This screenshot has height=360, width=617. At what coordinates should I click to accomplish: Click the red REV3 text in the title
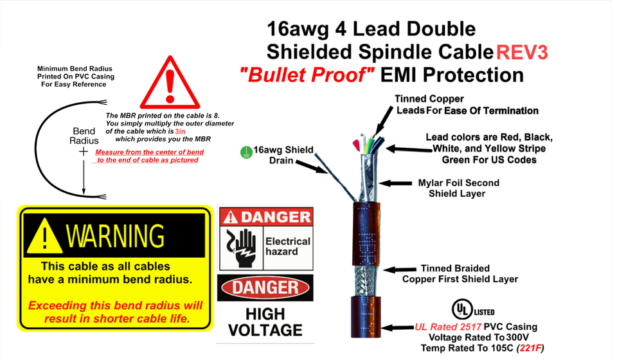point(521,51)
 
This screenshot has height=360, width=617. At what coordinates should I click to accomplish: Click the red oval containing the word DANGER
point(265,287)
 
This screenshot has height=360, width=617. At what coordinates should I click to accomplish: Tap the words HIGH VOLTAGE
point(265,322)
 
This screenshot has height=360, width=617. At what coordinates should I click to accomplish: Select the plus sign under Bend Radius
point(84,151)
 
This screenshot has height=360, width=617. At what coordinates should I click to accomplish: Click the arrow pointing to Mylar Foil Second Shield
point(398,184)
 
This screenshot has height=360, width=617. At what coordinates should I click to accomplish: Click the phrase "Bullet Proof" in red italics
point(307,75)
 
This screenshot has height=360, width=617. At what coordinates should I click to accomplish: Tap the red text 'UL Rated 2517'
point(449,327)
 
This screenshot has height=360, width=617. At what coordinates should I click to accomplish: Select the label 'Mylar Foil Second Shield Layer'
point(458,188)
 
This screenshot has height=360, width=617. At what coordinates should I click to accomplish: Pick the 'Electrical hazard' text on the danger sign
point(287,246)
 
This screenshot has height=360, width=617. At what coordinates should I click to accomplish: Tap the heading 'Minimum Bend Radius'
point(75,69)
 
